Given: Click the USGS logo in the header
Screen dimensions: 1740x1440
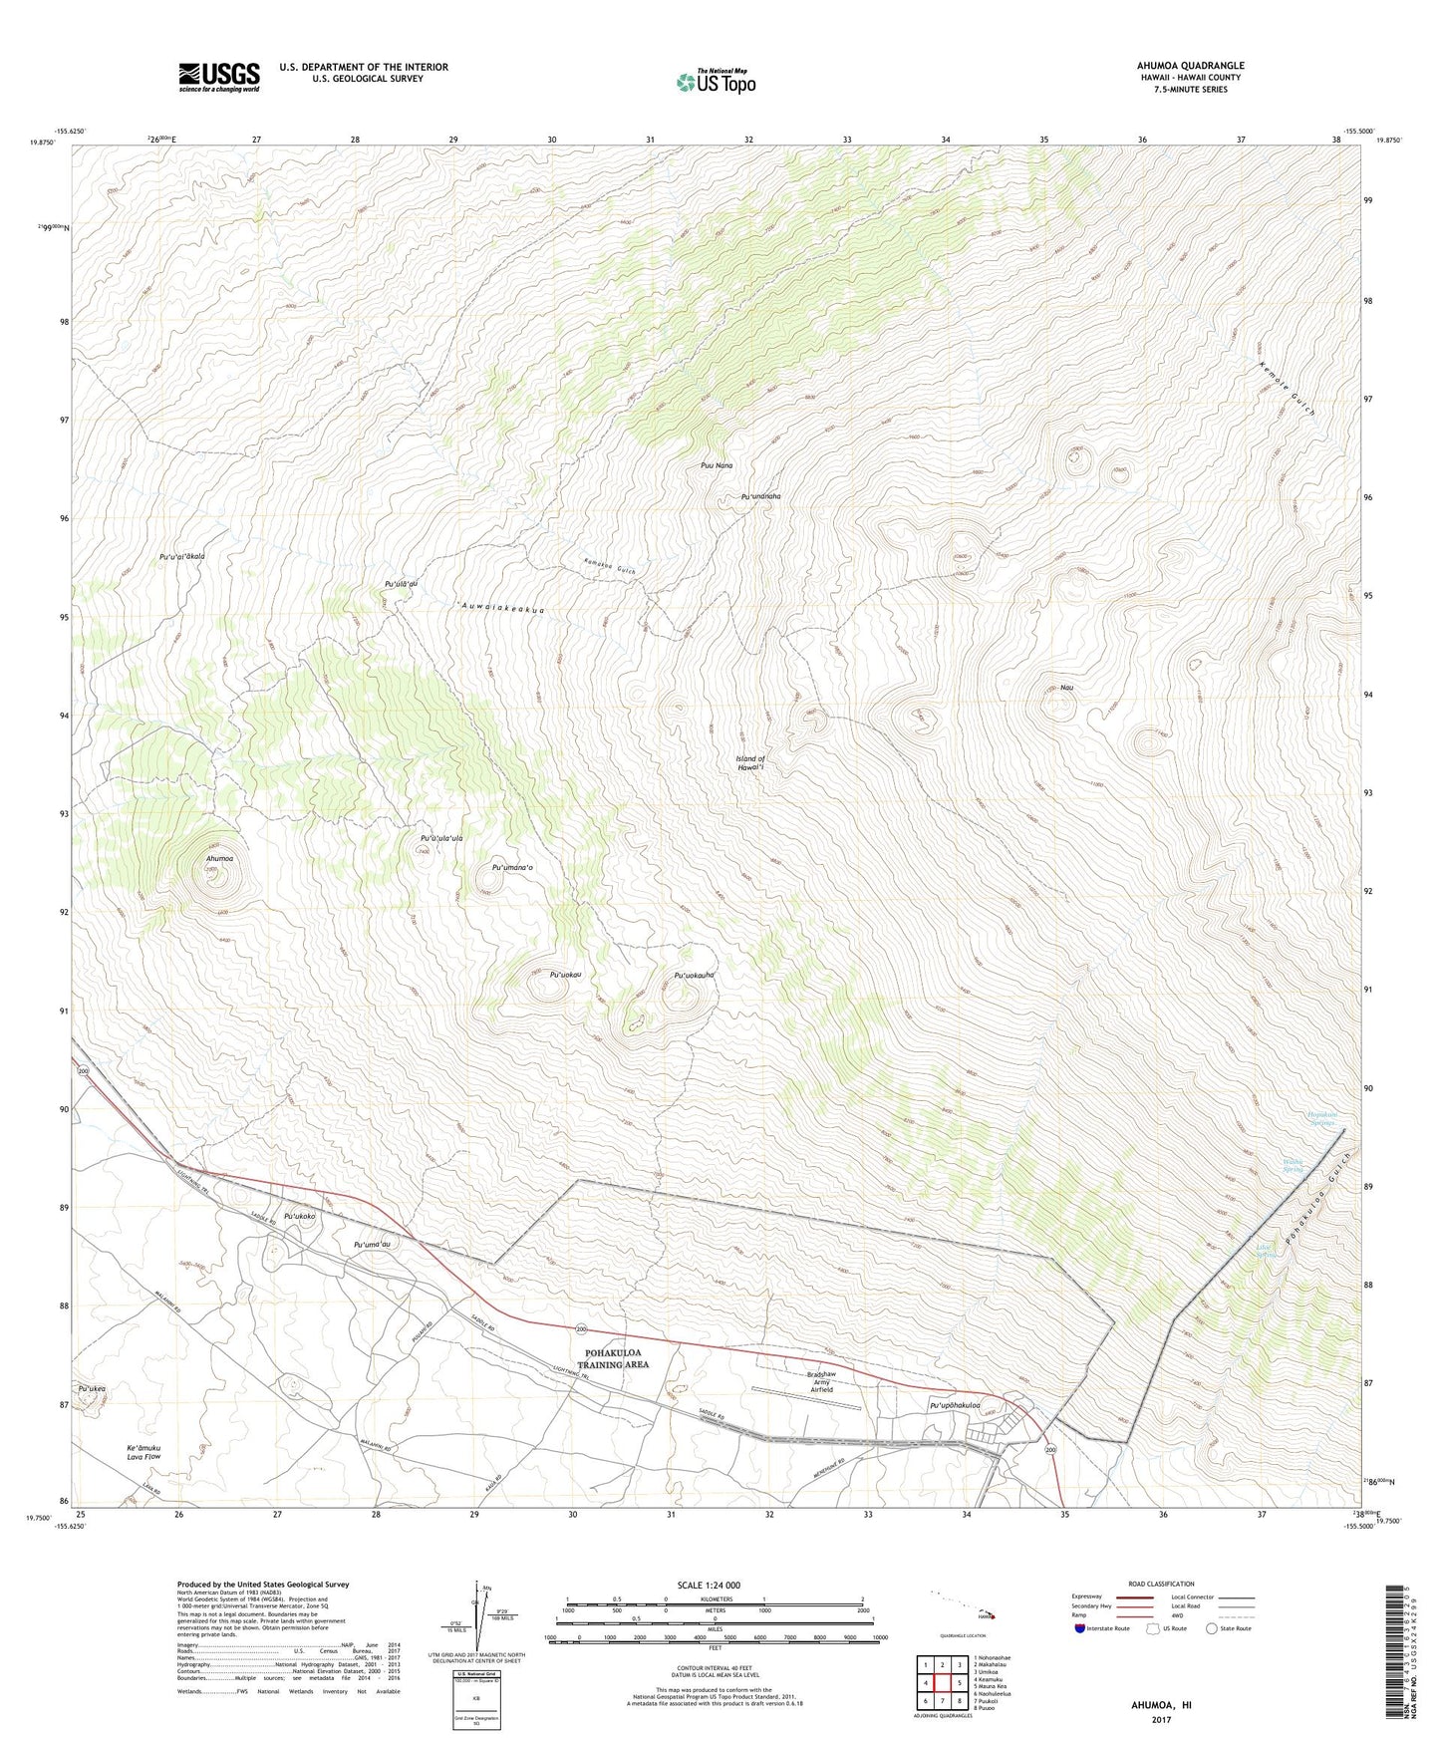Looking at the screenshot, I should pyautogui.click(x=218, y=77).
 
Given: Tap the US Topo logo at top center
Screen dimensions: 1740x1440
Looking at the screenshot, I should pyautogui.click(x=715, y=82).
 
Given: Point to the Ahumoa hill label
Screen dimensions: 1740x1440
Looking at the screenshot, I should pyautogui.click(x=219, y=858).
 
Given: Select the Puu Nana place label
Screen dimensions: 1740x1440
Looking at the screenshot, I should pyautogui.click(x=717, y=465).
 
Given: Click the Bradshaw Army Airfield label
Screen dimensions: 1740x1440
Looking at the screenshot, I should pyautogui.click(x=821, y=1382).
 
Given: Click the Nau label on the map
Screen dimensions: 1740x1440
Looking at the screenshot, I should pyautogui.click(x=1066, y=688).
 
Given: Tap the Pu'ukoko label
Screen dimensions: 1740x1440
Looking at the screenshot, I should pyautogui.click(x=299, y=1217).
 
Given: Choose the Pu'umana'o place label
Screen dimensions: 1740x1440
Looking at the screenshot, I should pyautogui.click(x=513, y=867).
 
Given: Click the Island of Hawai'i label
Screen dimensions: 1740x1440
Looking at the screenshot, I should pyautogui.click(x=750, y=763).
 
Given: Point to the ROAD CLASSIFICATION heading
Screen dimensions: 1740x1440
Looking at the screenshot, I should pyautogui.click(x=1161, y=1584).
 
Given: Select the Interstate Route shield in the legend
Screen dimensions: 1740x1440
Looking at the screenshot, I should pyautogui.click(x=1079, y=1628).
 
